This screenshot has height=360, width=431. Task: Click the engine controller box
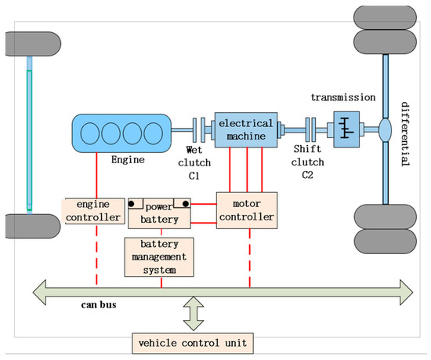pyautogui.click(x=94, y=210)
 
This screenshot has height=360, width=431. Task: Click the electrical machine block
pyautogui.click(x=246, y=129)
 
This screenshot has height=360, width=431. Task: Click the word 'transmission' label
pyautogui.click(x=343, y=98)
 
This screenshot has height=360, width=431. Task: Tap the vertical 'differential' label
pyautogui.click(x=404, y=133)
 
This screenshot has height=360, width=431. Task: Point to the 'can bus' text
pyautogui.click(x=100, y=304)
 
